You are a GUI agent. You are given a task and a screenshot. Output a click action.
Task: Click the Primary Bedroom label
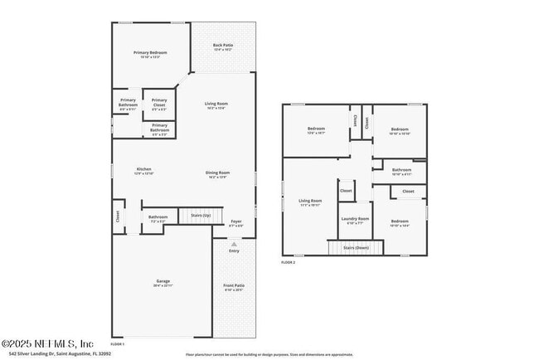[152, 52]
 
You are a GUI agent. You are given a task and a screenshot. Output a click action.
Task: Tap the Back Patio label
[222, 45]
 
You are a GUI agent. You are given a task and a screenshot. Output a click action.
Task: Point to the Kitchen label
[145, 171]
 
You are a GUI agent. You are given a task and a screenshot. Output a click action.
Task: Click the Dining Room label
[217, 173]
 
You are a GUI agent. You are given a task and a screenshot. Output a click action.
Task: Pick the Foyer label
[236, 221]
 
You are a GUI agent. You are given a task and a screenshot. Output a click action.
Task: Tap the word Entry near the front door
[234, 251]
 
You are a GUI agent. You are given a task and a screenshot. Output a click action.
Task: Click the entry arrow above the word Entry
[234, 244]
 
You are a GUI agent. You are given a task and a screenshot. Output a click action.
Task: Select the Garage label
[163, 281]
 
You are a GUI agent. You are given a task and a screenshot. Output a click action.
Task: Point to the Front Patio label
[233, 286]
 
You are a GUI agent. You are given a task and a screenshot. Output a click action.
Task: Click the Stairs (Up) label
[201, 215]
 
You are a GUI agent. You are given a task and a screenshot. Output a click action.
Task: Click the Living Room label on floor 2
[310, 201]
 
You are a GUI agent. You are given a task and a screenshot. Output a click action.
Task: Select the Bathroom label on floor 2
[401, 169]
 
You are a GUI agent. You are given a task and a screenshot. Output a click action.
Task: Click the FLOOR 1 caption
[118, 343]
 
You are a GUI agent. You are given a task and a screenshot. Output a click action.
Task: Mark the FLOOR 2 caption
[288, 261]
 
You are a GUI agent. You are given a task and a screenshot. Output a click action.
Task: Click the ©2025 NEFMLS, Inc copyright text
[47, 343]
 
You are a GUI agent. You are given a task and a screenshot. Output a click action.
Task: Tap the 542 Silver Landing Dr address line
[56, 354]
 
